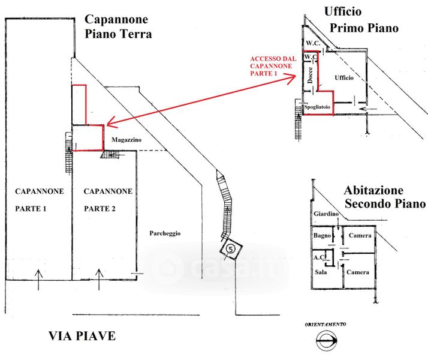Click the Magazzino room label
coord(126,139)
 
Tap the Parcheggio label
coord(165,233)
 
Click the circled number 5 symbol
coord(230,248)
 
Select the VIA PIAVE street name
coord(82,336)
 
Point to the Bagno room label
coord(322,235)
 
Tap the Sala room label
coord(321,272)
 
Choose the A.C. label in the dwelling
coord(319,257)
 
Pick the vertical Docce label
coord(310,75)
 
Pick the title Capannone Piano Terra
coord(118,27)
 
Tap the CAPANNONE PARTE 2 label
coord(108,200)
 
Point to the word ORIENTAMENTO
coord(325,324)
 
